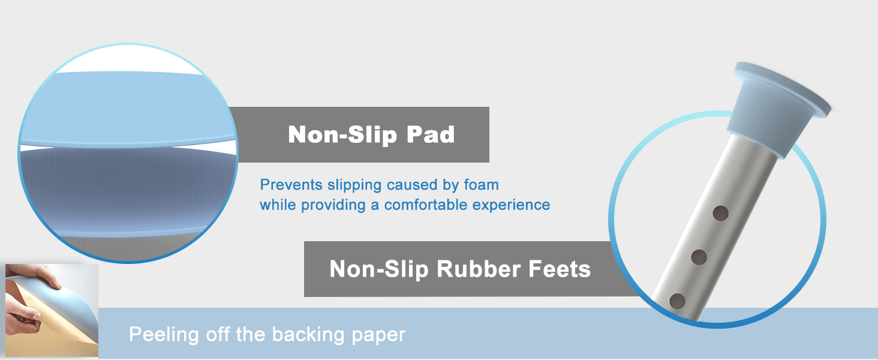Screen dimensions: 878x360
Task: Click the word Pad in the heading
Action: click(431, 134)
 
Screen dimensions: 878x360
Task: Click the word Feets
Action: click(560, 269)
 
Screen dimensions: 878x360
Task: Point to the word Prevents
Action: click(291, 185)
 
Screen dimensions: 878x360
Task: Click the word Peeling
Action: click(164, 335)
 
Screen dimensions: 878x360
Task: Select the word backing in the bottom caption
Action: click(308, 335)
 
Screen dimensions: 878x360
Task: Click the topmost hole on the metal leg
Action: click(720, 214)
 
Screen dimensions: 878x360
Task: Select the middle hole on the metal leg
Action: click(699, 257)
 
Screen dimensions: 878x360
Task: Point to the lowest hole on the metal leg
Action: click(677, 301)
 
